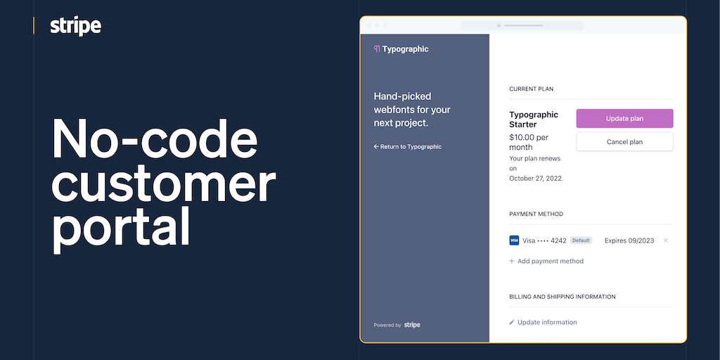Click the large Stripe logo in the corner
tap(76, 26)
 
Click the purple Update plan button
tap(624, 118)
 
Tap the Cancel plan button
tap(624, 142)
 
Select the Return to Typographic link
tap(407, 147)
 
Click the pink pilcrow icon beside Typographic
tap(377, 49)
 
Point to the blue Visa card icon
tap(514, 240)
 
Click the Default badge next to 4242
tap(581, 240)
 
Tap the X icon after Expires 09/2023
tap(665, 240)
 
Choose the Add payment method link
tap(546, 262)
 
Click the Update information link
tap(544, 322)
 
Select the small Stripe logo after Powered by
tap(412, 325)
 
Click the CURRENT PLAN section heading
tap(532, 89)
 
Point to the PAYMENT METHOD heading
tap(536, 214)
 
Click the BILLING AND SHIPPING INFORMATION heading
tap(562, 297)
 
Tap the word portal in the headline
tap(121, 228)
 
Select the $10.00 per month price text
tap(529, 142)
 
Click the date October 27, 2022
tap(536, 179)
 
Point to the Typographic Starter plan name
tap(534, 120)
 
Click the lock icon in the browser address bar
tap(499, 26)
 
